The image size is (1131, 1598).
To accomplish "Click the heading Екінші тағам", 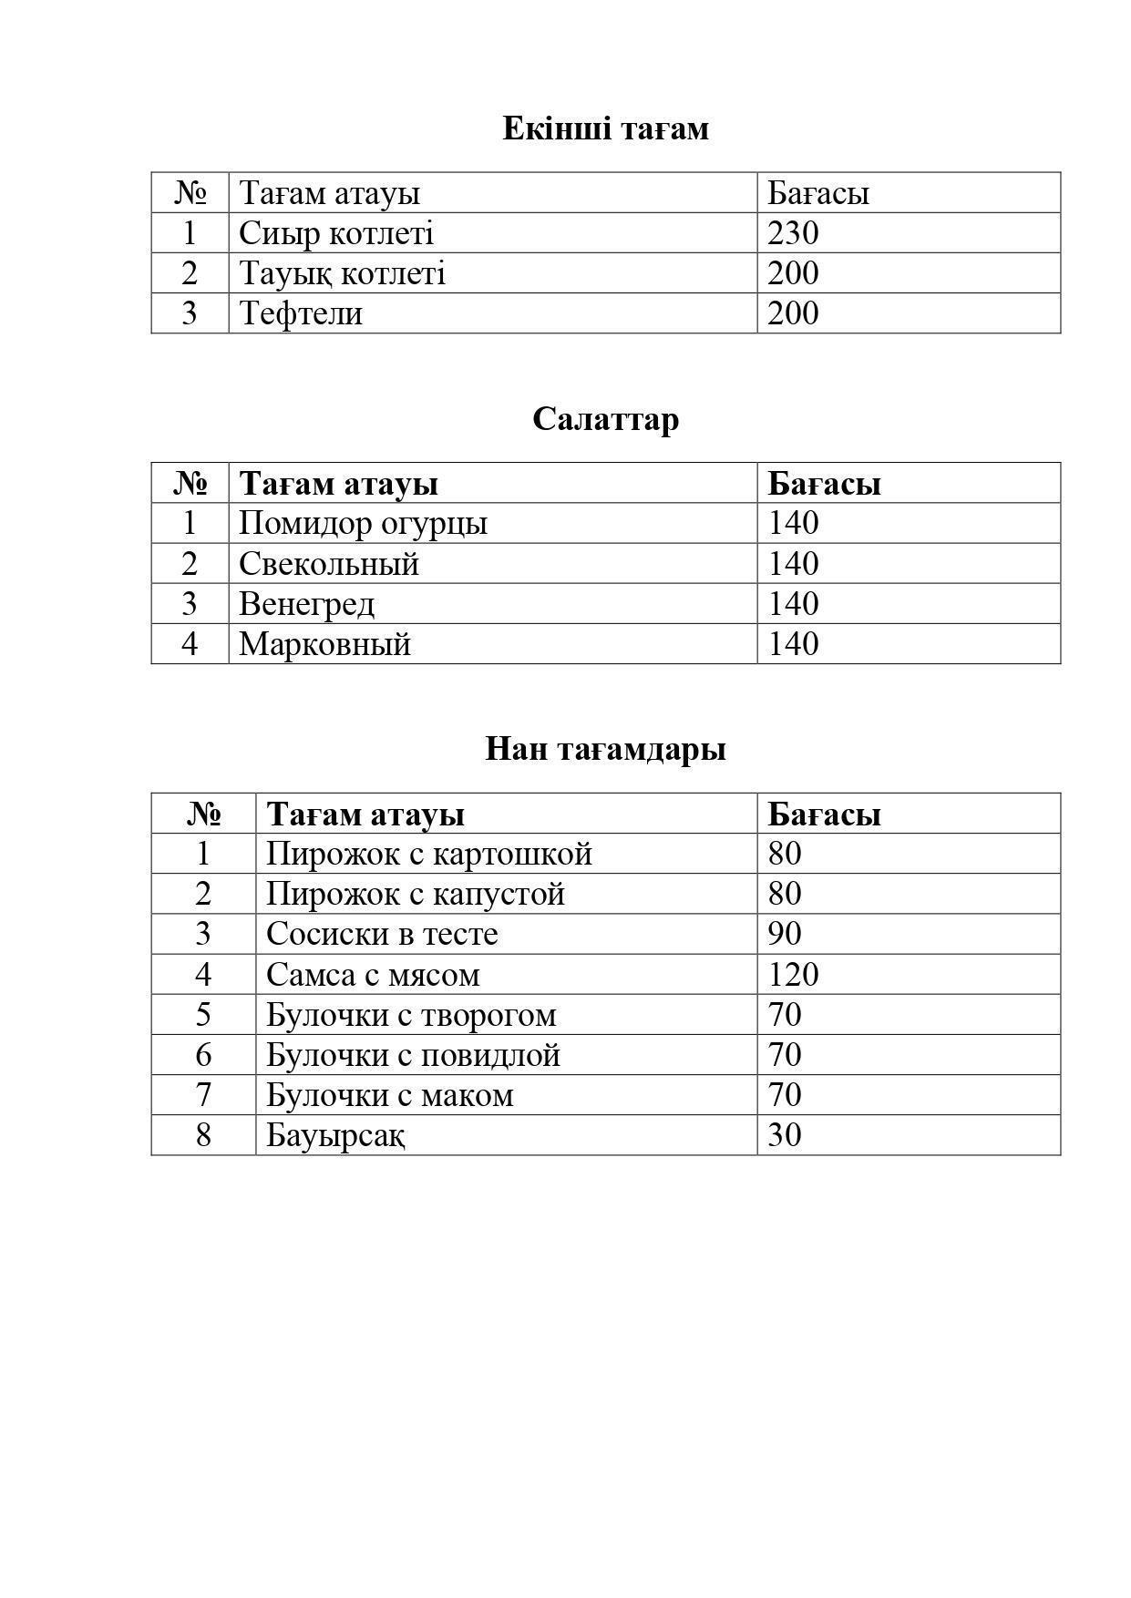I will pos(605,128).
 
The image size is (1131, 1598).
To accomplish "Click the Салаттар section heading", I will pos(605,419).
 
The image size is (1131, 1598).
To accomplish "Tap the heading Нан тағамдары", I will pos(605,749).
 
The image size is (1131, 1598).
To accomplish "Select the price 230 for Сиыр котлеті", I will pos(793,233).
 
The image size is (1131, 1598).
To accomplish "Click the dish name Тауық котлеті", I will pos(342,273).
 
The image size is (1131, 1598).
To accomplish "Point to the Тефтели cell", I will pos(301,313).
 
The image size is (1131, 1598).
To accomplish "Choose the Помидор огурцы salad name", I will pos(363,524).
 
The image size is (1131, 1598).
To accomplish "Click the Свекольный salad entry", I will pos(329,564).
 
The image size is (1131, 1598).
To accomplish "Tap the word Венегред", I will pos(306,604).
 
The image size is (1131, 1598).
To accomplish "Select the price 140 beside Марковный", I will pos(793,644).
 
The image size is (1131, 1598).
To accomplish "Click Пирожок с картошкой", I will pos(429,855).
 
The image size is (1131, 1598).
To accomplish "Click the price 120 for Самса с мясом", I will pos(793,975).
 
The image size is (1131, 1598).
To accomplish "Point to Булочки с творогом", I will pos(411,1015).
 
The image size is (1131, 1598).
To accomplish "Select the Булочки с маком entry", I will pos(390,1095).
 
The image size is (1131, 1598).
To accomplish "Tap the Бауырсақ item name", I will pos(335,1135).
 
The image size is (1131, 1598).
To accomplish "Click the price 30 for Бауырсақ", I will pos(784,1135).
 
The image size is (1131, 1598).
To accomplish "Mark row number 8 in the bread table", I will pos(203,1135).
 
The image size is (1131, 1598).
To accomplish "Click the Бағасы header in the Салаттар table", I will pos(824,484).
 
